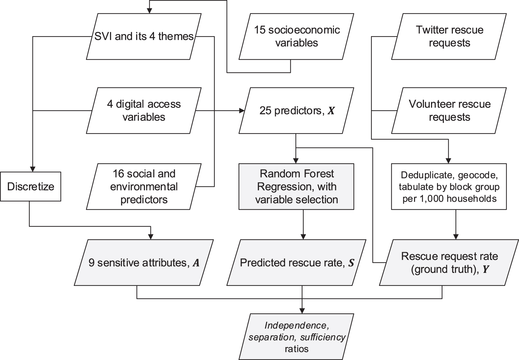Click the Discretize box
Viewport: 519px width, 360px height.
30,186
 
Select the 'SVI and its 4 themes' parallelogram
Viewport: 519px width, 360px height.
144,36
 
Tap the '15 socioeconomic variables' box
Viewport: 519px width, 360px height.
297,36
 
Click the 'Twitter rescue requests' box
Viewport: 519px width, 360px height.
449,36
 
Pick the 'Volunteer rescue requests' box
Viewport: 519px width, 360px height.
449,111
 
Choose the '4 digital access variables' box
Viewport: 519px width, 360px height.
144,111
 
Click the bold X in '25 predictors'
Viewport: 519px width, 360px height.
331,111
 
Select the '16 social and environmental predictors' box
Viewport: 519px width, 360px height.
144,186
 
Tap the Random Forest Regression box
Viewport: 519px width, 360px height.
296,186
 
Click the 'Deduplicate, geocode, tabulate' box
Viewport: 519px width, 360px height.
449,186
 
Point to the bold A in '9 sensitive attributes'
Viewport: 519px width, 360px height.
196,263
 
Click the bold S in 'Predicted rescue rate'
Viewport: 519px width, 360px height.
351,263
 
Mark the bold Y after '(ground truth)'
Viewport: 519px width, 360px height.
486,269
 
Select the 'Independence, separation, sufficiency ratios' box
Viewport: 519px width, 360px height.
296,337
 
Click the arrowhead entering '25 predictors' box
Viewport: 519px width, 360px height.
241,111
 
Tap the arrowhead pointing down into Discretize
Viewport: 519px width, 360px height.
32,169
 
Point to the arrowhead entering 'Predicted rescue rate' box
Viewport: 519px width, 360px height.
303,236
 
